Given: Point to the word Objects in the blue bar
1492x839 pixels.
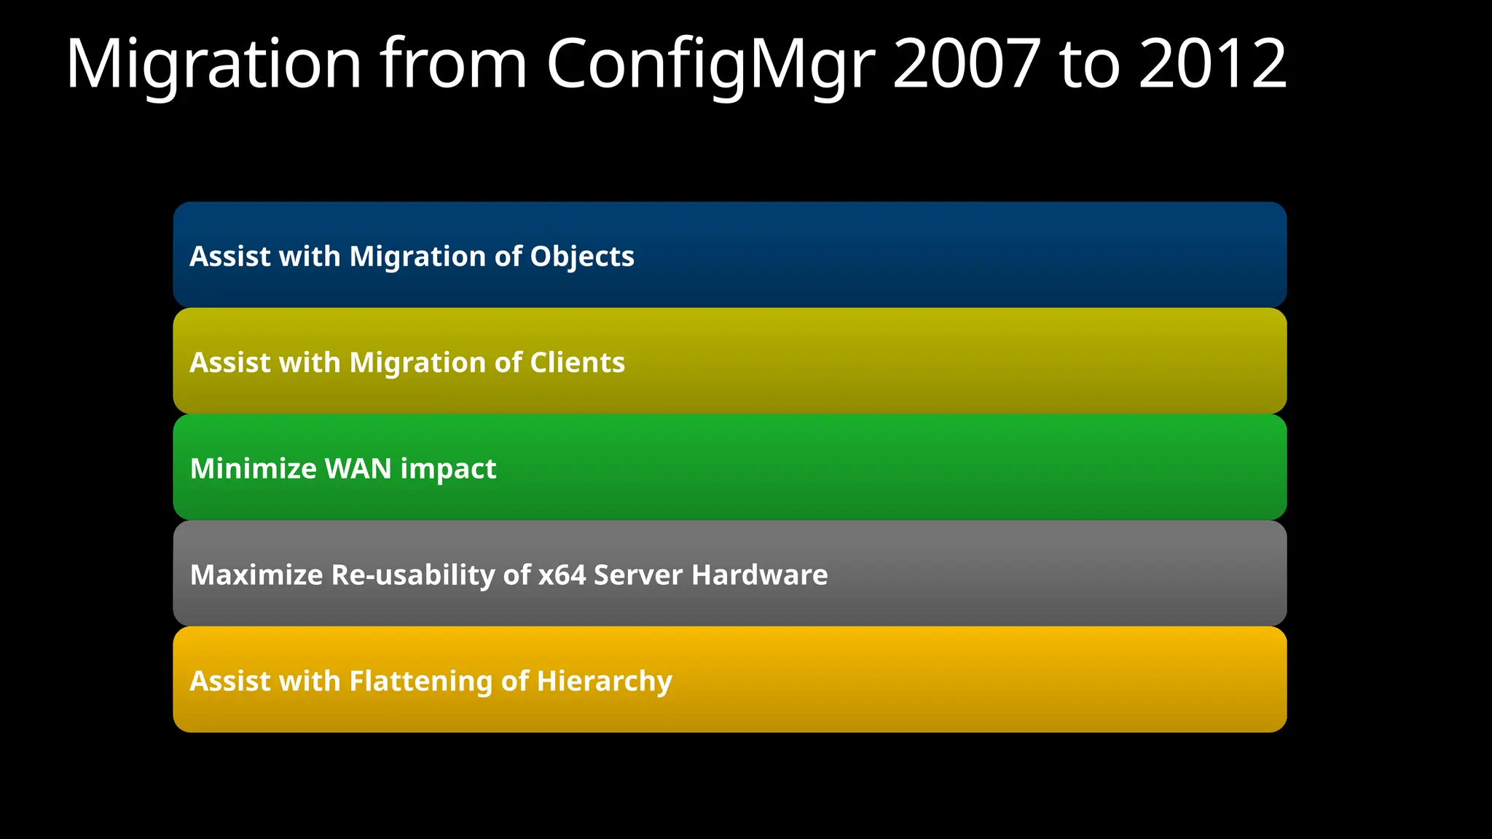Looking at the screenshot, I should [582, 256].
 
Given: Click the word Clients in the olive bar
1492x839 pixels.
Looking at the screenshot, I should [577, 363].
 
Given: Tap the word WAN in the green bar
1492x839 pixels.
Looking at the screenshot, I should [358, 468].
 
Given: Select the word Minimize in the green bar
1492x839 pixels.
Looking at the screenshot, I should [253, 468].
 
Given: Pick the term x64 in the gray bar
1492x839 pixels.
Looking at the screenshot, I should [562, 575].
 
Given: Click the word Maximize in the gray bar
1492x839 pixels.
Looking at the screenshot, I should [256, 575].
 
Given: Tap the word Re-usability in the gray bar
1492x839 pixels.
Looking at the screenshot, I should [413, 575].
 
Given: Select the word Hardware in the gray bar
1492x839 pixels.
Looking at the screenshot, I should [759, 575].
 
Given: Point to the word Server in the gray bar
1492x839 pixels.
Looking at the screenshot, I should [638, 575].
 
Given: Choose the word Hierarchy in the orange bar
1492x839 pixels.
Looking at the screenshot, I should [604, 682].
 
